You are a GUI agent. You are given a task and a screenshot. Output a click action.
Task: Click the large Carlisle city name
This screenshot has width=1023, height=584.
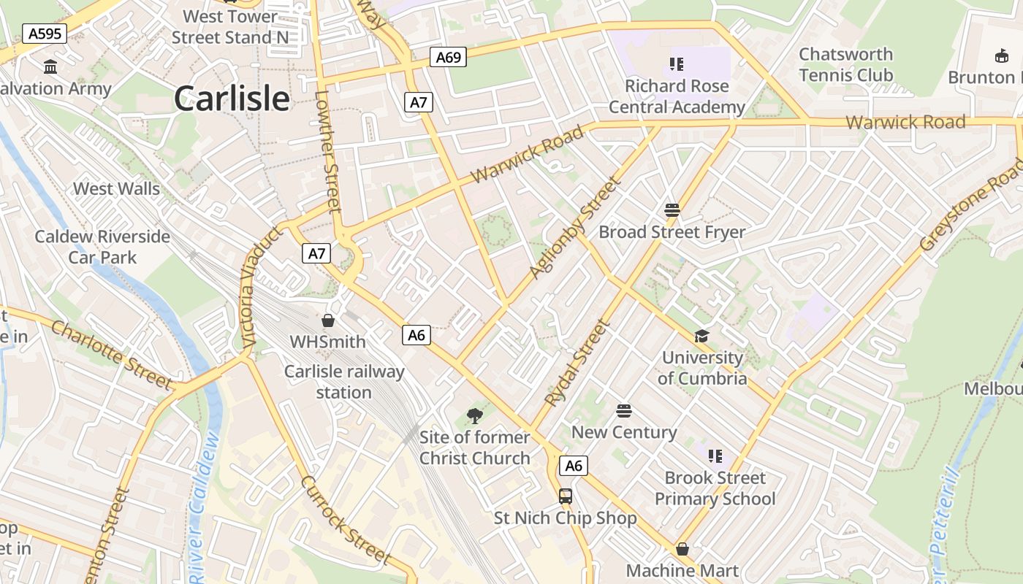click(x=232, y=99)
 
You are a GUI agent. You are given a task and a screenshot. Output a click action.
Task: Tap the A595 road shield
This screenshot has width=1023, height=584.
click(x=45, y=34)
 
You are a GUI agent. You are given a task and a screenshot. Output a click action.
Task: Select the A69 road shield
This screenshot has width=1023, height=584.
click(x=448, y=57)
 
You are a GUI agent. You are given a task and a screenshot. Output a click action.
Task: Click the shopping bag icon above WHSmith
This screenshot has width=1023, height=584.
click(x=328, y=320)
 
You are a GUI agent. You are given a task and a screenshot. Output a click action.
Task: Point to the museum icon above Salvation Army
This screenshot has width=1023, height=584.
click(x=50, y=67)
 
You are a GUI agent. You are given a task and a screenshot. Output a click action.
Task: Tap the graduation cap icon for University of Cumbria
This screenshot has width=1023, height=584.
click(x=701, y=336)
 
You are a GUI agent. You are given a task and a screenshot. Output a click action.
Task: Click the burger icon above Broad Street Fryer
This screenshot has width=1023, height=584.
click(x=672, y=210)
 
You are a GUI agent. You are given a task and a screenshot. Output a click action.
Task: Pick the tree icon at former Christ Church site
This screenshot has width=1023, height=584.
click(x=475, y=416)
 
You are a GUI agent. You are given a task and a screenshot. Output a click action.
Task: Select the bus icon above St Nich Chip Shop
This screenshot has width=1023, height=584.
click(x=566, y=496)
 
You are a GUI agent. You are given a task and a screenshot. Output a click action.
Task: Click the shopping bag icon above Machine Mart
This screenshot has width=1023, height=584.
click(x=682, y=548)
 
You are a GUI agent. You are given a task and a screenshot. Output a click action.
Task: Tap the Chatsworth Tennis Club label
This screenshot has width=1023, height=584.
click(x=845, y=65)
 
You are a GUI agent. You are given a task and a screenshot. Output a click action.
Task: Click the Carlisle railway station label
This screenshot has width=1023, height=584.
click(x=343, y=382)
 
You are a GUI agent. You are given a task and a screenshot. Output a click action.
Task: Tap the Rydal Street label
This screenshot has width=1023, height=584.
click(x=577, y=363)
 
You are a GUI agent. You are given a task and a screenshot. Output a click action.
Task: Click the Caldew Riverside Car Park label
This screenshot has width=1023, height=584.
click(x=102, y=247)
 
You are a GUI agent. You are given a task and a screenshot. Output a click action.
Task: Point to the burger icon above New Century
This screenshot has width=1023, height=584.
click(x=623, y=410)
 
